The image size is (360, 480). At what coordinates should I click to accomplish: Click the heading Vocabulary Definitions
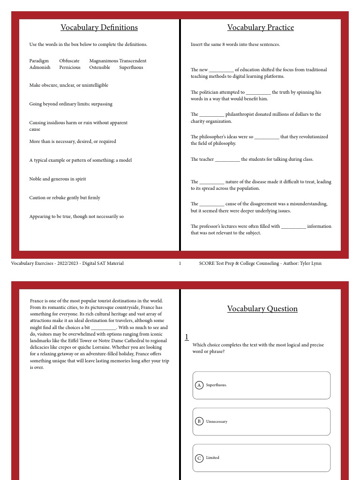pos(99,28)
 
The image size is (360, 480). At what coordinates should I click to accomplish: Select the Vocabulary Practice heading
pos(261,28)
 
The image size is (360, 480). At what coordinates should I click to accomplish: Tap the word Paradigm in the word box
pos(39,61)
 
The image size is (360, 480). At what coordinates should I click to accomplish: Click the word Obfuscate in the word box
pos(69,61)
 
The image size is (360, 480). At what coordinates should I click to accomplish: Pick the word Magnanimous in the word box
pos(104,61)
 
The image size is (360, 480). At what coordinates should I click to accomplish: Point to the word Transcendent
pos(133,61)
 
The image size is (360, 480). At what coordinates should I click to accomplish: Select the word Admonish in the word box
pos(40,67)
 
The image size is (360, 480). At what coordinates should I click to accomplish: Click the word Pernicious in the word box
pos(70,67)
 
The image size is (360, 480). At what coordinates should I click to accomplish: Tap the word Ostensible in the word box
pos(100,67)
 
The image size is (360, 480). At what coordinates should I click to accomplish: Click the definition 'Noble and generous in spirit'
pos(58,179)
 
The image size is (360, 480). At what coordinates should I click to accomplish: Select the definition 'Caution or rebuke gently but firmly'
pos(65,198)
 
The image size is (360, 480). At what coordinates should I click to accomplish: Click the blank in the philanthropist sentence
pos(212,115)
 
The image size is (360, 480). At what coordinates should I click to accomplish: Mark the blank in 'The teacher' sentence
pos(227,160)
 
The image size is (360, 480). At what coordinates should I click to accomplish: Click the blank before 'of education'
pos(221,70)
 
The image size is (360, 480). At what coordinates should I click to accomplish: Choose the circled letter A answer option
pos(199,385)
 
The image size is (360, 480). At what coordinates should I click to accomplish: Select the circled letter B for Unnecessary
pos(199,421)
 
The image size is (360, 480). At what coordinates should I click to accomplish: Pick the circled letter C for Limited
pos(199,458)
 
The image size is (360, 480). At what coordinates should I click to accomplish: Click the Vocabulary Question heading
pos(262,309)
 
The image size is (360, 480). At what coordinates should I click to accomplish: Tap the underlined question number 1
pos(187,337)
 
